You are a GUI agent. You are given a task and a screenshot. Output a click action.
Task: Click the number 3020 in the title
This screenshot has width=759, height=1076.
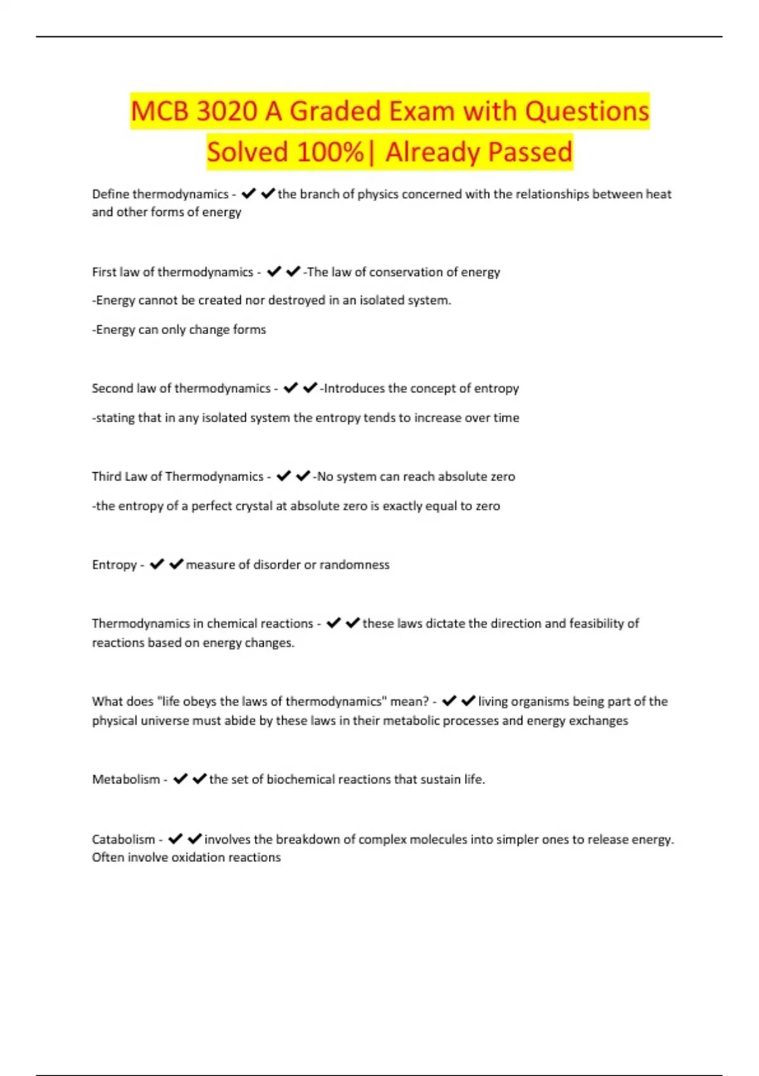(226, 111)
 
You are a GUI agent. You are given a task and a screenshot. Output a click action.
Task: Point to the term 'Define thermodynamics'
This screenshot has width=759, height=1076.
(160, 194)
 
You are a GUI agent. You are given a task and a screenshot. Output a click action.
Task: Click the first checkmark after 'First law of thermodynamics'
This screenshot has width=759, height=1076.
(273, 272)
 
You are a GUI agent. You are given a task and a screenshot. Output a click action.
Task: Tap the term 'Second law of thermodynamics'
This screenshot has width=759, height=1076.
(181, 389)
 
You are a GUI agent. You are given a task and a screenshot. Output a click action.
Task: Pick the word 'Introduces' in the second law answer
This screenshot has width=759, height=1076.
(352, 389)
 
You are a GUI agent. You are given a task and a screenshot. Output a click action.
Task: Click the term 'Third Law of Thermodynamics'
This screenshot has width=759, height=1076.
(177, 477)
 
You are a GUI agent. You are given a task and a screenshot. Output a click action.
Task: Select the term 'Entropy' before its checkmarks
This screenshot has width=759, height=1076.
(114, 565)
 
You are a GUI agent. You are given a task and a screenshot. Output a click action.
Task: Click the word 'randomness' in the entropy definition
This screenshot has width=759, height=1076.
(354, 565)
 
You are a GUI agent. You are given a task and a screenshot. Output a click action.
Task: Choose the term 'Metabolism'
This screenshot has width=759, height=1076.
(126, 780)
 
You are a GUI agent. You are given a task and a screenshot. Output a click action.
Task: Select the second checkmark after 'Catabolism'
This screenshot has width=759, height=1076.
(195, 839)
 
